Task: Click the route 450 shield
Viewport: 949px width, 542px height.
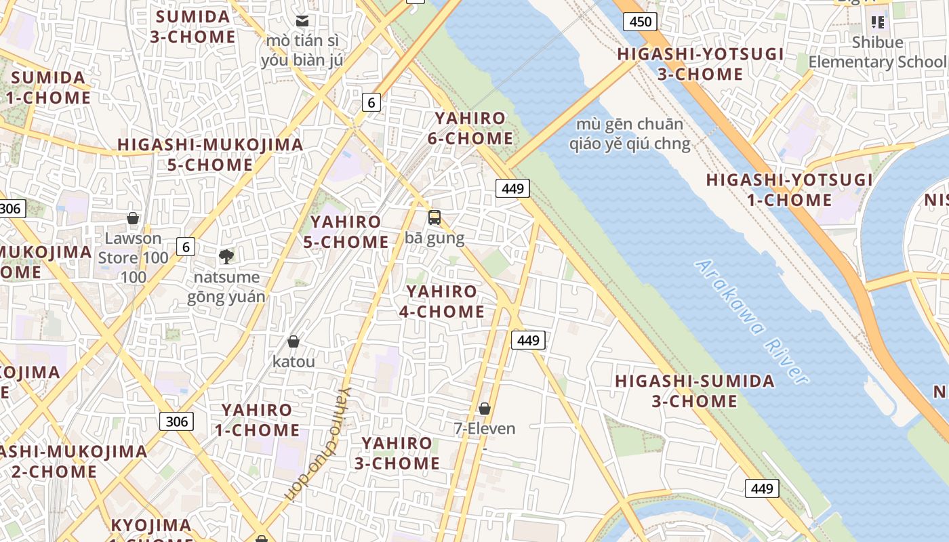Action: pos(640,22)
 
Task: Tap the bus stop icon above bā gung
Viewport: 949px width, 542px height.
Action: pos(435,217)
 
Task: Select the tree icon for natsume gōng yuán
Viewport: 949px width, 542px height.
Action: pos(226,256)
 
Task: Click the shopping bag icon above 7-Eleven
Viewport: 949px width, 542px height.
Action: pos(485,409)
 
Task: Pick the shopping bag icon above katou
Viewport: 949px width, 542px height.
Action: pos(294,341)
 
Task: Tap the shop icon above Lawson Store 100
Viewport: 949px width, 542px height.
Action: pos(133,218)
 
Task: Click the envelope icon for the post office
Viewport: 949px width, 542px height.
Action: pos(302,21)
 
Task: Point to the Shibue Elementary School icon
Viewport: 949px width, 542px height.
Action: pos(879,22)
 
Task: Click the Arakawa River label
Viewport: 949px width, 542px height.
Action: pos(752,321)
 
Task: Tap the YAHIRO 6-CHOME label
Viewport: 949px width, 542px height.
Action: pos(470,128)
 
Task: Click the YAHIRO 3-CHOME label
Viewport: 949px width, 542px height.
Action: pos(397,453)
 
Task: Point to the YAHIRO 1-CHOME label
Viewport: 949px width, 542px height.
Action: pos(257,420)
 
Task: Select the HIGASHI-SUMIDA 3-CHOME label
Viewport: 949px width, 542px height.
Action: pos(694,391)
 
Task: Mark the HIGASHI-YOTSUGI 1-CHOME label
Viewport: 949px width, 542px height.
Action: pos(789,190)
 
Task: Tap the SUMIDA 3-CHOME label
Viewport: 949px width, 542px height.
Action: pos(193,26)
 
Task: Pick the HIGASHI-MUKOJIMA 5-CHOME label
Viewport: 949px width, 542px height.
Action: pos(210,154)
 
